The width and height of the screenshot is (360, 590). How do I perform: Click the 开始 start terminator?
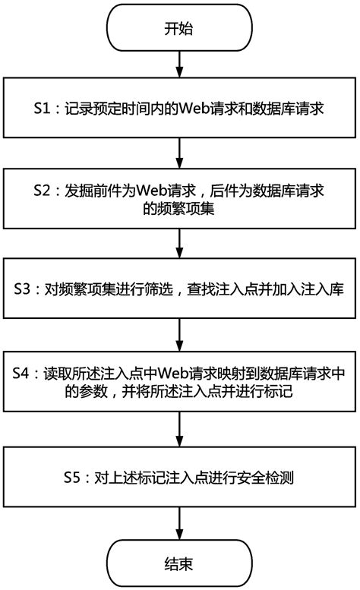pos(179,30)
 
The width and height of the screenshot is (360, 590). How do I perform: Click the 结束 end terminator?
pos(179,563)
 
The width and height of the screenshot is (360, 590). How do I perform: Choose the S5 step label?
pos(74,478)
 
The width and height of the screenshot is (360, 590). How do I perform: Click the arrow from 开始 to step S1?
pos(179,66)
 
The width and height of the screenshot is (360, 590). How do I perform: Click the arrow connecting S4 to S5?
pos(179,430)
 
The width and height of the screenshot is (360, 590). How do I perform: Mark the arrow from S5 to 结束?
pos(179,524)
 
